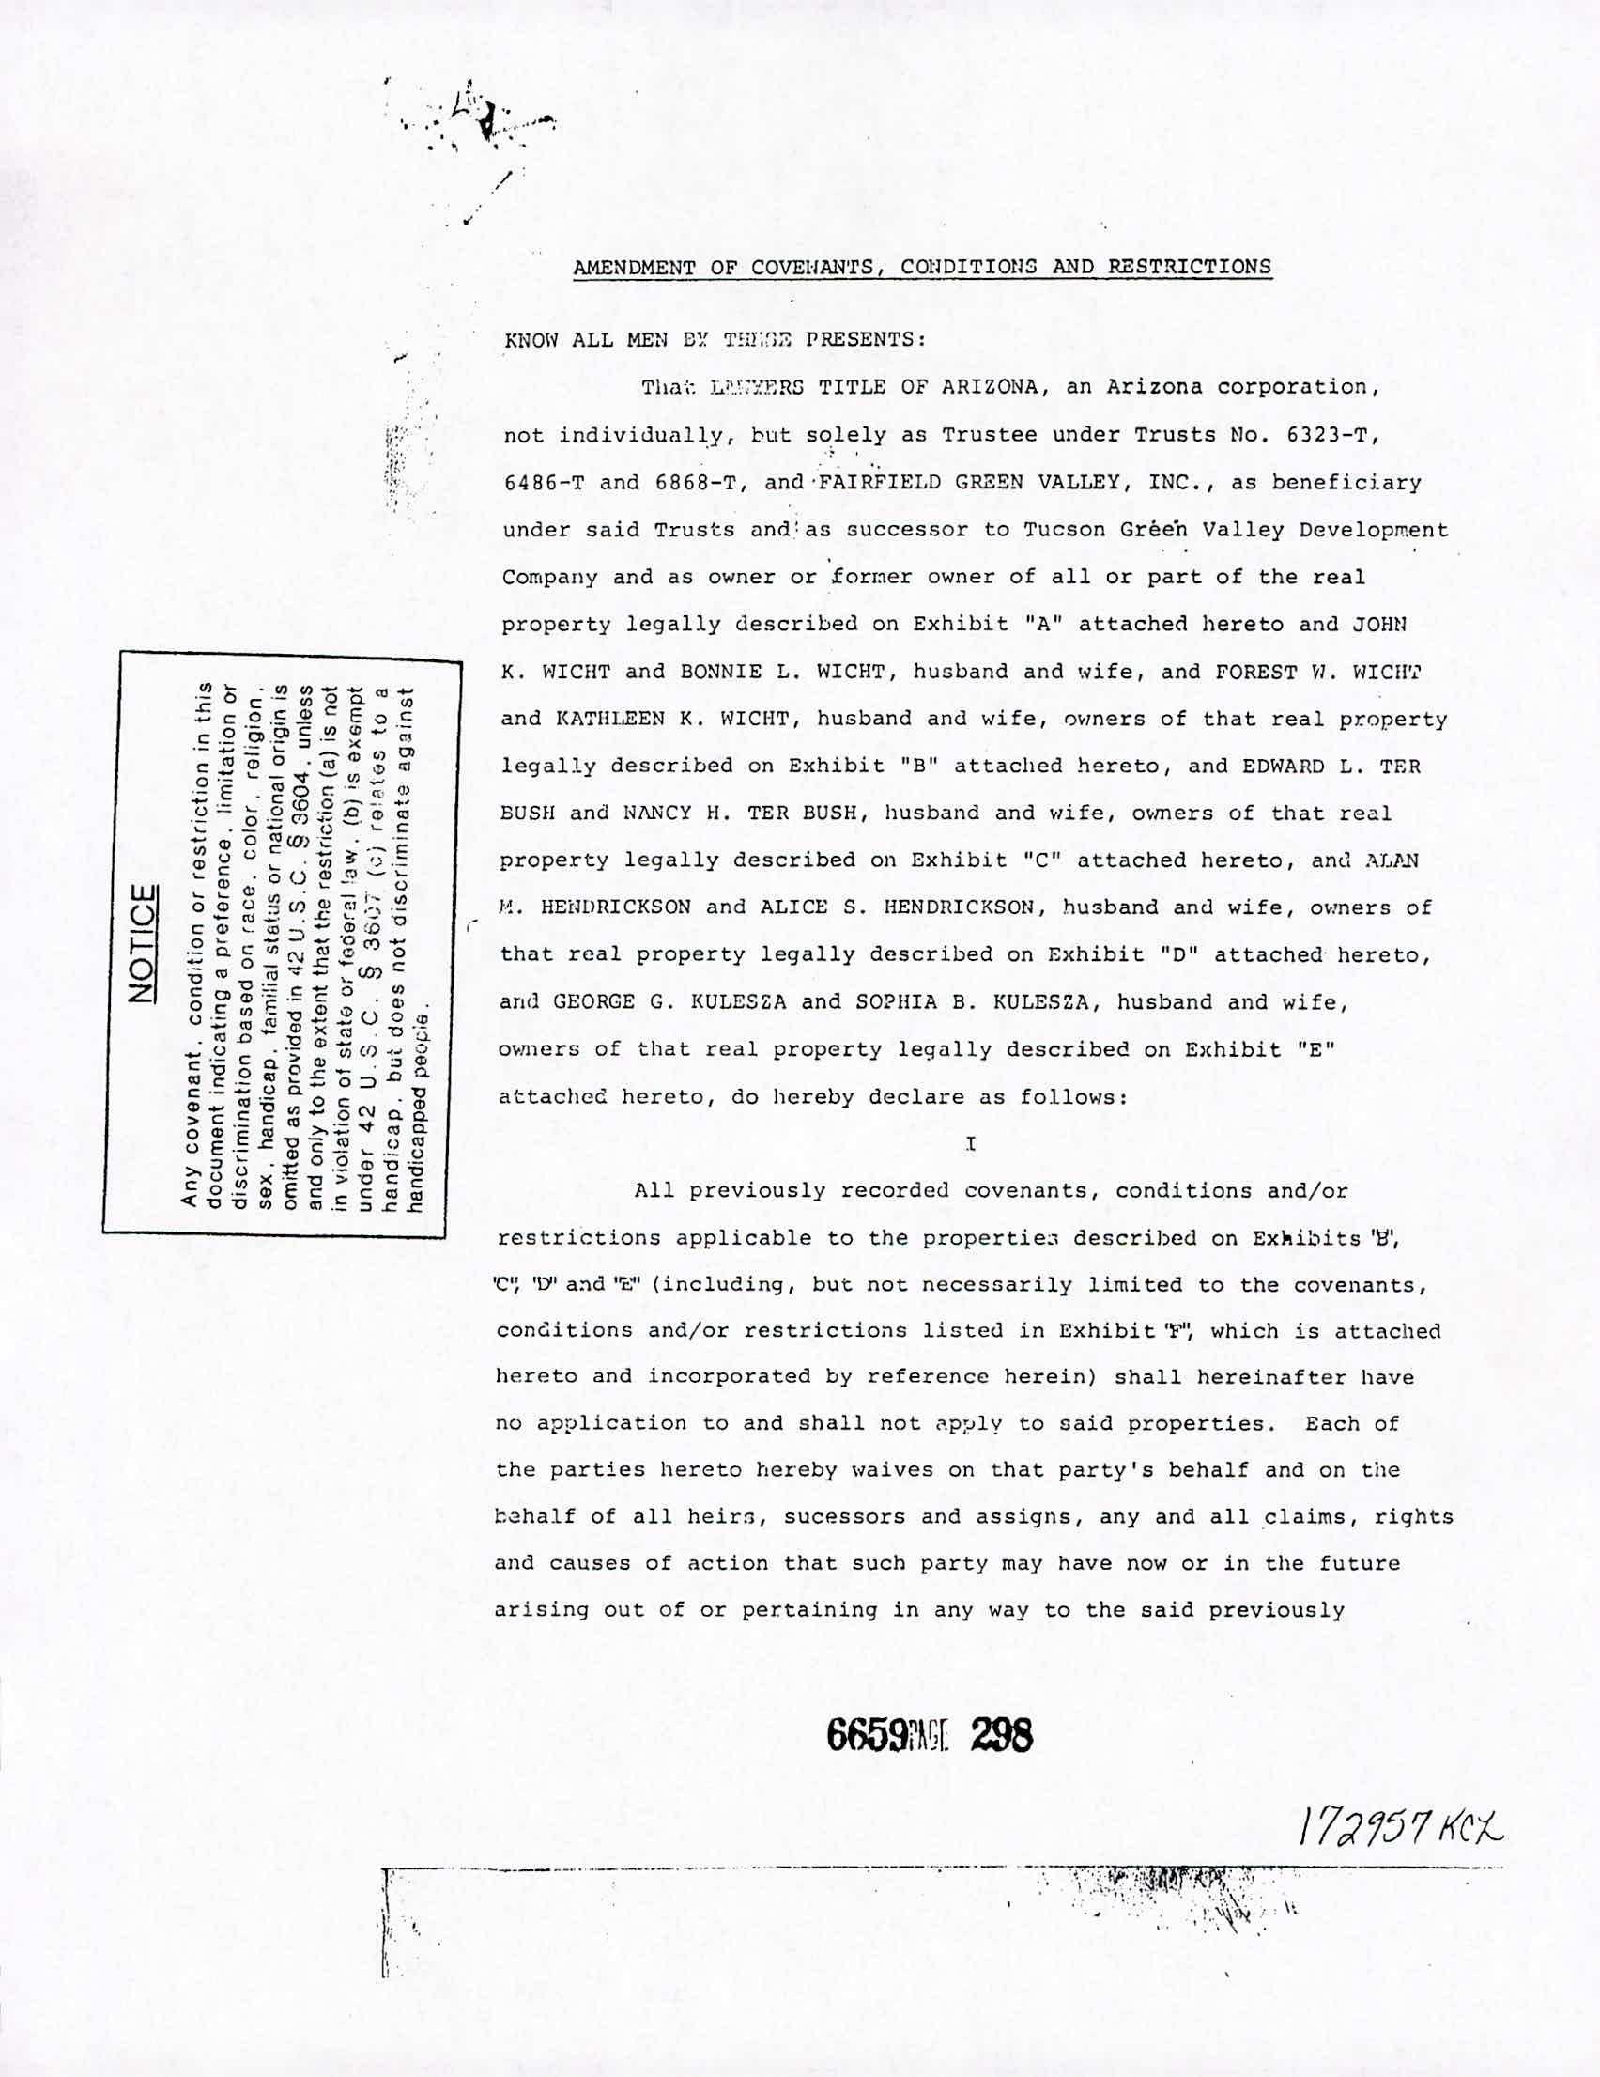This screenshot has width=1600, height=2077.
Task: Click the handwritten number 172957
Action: tap(1356, 1821)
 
